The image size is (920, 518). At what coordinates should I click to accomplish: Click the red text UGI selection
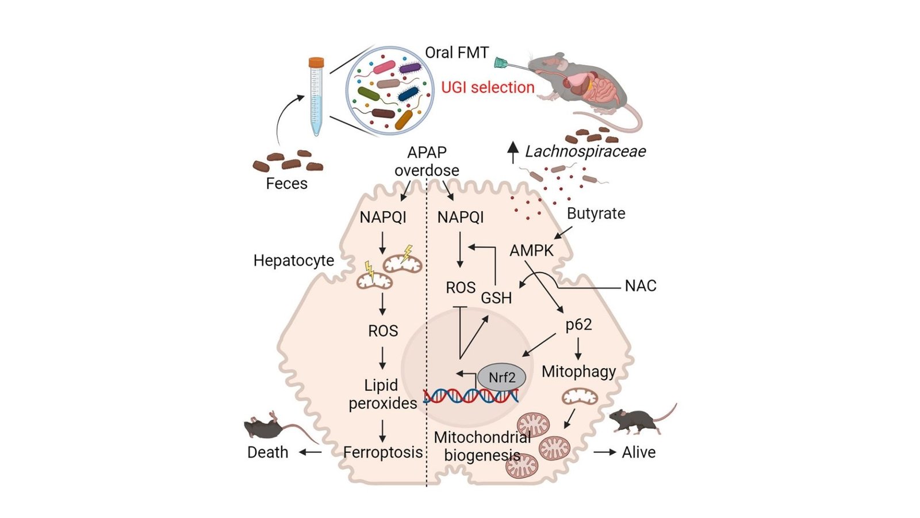point(488,87)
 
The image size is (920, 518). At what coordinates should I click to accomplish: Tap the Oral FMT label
point(457,52)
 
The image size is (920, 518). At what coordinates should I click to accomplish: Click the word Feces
point(286,184)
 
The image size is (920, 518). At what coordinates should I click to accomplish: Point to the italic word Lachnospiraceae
point(585,151)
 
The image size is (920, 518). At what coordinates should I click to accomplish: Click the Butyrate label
point(596,214)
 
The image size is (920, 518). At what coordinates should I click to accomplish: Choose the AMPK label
point(531,250)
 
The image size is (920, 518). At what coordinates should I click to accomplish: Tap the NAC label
point(641,286)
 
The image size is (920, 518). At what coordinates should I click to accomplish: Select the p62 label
point(578,325)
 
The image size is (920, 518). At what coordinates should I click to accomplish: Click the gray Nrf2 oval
point(501,378)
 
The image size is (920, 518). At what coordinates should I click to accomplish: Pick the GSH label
point(496,298)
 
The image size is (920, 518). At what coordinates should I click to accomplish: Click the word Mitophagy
point(578,371)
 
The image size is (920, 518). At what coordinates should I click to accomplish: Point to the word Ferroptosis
point(383,452)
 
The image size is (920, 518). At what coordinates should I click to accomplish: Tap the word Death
point(267,452)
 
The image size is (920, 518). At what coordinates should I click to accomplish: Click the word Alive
point(638,452)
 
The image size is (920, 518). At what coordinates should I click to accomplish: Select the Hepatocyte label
point(293,261)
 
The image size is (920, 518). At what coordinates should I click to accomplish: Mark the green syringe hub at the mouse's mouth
point(501,63)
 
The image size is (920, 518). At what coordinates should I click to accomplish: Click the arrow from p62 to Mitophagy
point(578,349)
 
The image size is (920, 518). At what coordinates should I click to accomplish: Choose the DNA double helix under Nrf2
point(471,396)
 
